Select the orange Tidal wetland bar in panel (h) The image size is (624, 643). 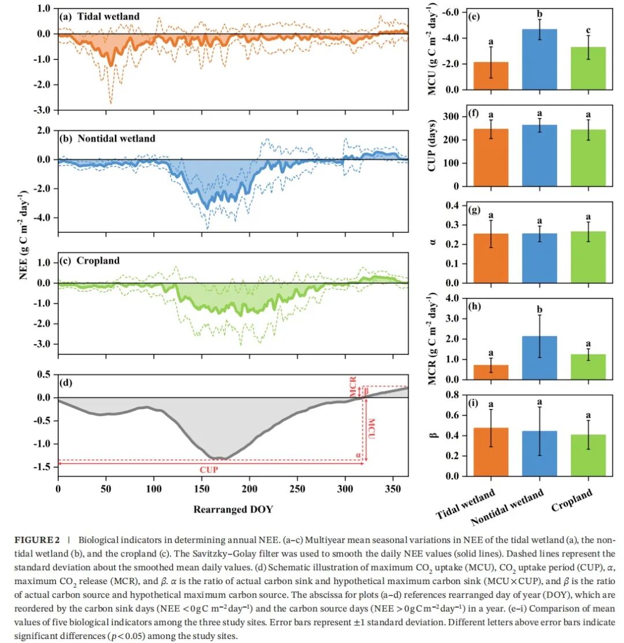tap(491, 372)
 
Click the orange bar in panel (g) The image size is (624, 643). tap(491, 258)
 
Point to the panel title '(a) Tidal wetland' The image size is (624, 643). tap(100, 17)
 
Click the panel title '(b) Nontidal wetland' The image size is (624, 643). tap(107, 139)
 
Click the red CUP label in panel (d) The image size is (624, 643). tap(209, 469)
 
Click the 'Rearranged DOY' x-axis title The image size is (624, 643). tap(233, 509)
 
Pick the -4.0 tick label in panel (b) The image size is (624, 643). tap(42, 218)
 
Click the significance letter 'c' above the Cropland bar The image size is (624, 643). tap(588, 30)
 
